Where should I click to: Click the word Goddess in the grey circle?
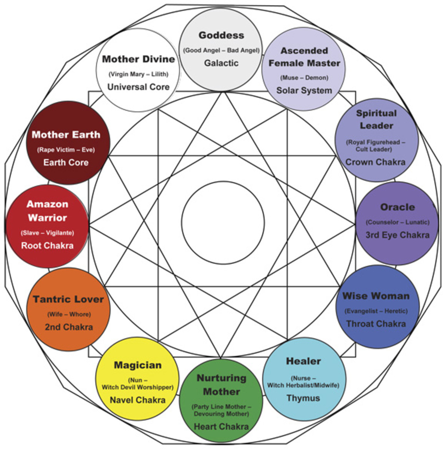tap(221, 36)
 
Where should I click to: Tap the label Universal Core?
tap(138, 87)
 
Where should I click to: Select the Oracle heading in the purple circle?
tap(397, 207)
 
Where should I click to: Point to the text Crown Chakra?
tap(375, 162)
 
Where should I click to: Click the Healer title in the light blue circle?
tap(303, 361)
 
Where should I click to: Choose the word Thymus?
tap(303, 398)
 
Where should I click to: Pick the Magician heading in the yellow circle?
tap(138, 365)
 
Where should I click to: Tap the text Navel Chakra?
tap(138, 400)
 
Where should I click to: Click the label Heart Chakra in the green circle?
tap(221, 427)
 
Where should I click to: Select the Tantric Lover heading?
tap(68, 299)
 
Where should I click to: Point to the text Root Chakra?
tap(47, 246)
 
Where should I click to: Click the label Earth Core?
tap(66, 163)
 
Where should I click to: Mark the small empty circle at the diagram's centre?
tap(223, 223)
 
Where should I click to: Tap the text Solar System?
tap(304, 91)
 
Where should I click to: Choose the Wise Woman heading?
tap(376, 296)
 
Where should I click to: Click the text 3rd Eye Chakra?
tap(397, 235)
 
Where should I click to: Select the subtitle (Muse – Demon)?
tap(304, 78)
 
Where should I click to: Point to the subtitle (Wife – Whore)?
tap(69, 314)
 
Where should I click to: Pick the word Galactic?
tap(221, 63)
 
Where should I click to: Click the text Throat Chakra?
tap(376, 324)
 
